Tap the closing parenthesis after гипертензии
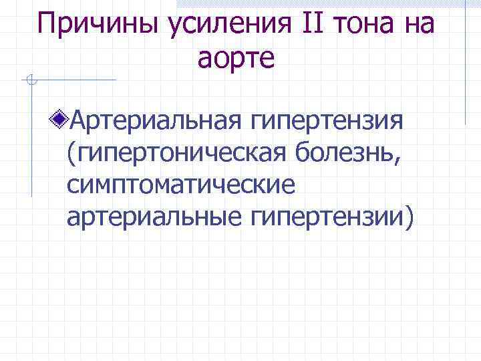(x=408, y=217)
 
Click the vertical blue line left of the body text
(x=31, y=140)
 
